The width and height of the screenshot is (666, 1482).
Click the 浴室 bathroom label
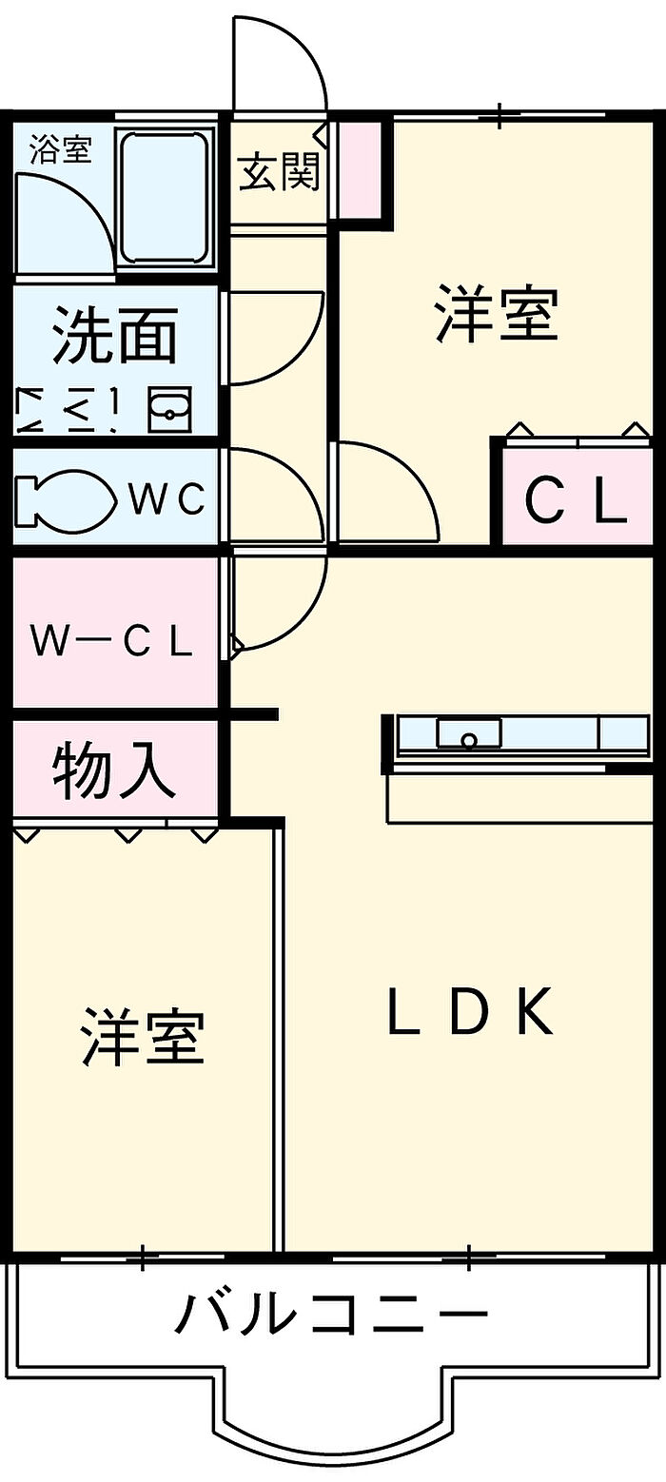(61, 149)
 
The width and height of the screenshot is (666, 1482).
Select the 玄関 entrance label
(279, 172)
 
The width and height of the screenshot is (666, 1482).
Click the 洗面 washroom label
(115, 336)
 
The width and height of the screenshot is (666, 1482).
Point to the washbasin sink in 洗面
(170, 409)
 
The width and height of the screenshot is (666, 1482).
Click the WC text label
(167, 498)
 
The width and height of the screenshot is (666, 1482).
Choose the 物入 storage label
(114, 770)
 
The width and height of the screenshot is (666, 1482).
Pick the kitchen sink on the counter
(468, 733)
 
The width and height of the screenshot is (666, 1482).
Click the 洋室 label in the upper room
(497, 313)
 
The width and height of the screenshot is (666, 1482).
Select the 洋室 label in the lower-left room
(143, 1037)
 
